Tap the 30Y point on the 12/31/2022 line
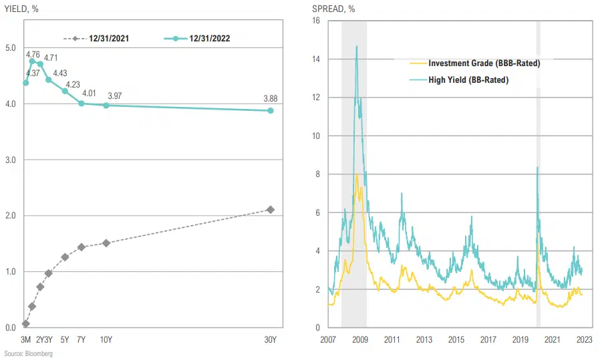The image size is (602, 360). (x=271, y=111)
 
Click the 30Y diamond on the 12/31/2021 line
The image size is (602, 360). (x=271, y=210)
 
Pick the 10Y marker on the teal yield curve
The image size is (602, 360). (x=106, y=105)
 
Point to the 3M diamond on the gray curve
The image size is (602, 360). (x=25, y=324)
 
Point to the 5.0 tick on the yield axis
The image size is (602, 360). (x=10, y=48)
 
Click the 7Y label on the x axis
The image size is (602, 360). (x=81, y=339)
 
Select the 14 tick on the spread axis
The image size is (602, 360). (x=316, y=59)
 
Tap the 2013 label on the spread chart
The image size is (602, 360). (x=424, y=339)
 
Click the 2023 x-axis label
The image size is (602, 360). (x=584, y=339)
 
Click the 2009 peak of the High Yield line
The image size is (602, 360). (x=357, y=47)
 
